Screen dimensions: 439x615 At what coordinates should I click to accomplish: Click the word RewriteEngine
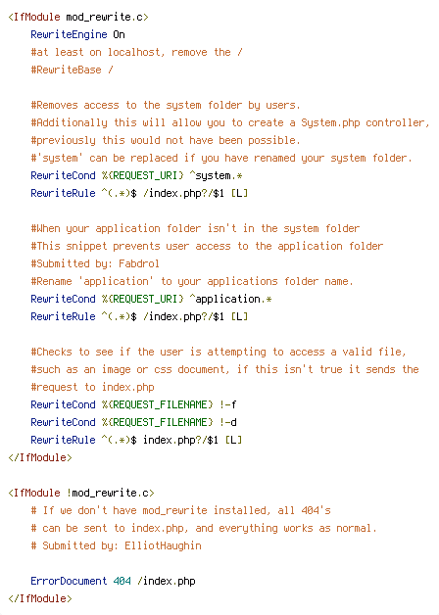point(69,35)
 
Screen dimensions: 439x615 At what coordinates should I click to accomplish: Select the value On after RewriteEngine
point(119,35)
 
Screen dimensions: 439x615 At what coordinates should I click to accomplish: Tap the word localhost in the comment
point(136,52)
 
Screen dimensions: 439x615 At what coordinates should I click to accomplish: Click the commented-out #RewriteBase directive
point(66,70)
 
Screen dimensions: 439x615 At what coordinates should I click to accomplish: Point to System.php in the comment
point(330,123)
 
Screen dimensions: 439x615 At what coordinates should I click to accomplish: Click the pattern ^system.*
point(216,175)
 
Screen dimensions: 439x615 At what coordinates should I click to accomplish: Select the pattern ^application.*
point(230,300)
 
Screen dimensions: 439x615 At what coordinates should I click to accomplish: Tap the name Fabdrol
point(139,263)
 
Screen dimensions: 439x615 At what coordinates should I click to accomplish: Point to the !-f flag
point(228,404)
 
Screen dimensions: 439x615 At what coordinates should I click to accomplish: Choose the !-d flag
point(228,422)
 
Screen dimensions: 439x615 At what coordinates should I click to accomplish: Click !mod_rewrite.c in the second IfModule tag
point(111,493)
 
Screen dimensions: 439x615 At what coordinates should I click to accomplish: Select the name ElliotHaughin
point(163,546)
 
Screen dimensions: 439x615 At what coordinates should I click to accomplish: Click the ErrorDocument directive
point(69,581)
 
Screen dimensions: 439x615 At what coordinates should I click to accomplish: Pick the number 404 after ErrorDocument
point(122,581)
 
